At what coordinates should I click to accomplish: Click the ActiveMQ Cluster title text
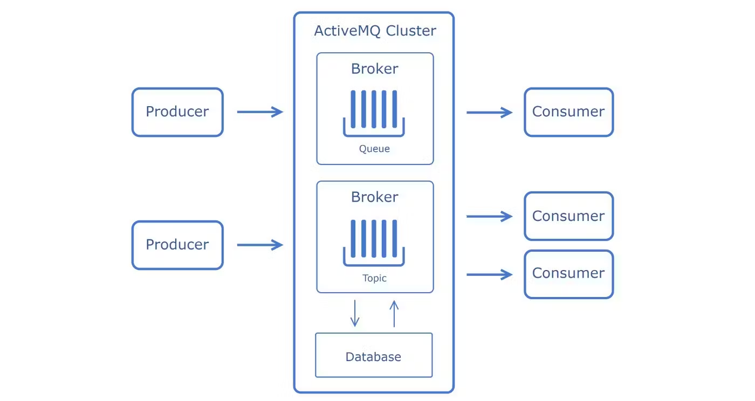pos(375,31)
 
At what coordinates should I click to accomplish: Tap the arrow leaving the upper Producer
pos(260,112)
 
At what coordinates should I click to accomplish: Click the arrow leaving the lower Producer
pos(260,245)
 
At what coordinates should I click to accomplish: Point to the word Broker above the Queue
pos(374,69)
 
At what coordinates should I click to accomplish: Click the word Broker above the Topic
pos(374,197)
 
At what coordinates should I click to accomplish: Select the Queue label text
pos(374,149)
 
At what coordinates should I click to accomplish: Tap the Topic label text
pos(374,278)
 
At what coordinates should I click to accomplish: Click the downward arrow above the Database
pos(355,313)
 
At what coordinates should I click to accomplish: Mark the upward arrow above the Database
pos(394,314)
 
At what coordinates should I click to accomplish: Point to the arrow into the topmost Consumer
pos(490,113)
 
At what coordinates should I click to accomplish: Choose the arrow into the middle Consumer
pos(490,216)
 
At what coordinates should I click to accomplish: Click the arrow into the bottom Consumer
pos(490,275)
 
